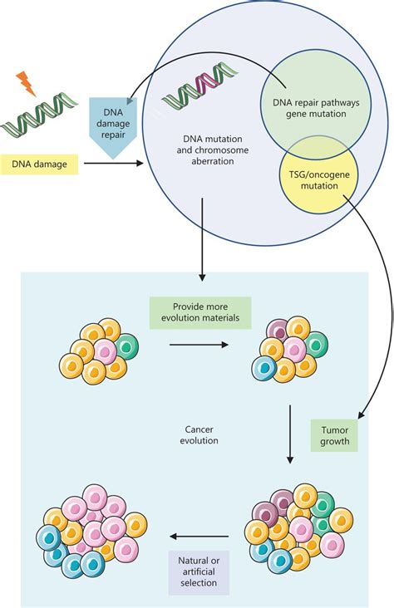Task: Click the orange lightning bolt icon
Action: [25, 83]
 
